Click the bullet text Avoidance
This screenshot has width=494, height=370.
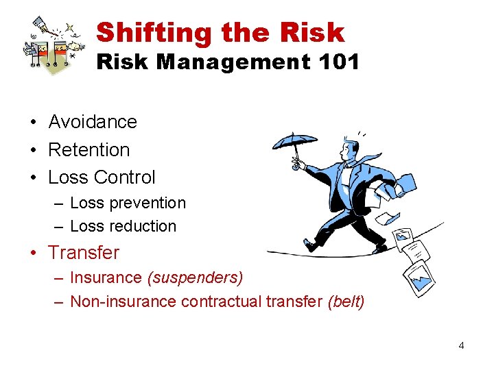tap(93, 122)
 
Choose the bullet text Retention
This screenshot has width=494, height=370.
tap(89, 149)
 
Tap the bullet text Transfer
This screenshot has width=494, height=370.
tap(84, 252)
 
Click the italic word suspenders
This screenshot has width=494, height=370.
tap(196, 277)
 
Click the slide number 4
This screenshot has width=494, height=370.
tap(461, 345)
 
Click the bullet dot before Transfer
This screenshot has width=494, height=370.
tap(33, 253)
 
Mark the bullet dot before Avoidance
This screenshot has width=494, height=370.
tap(33, 123)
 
